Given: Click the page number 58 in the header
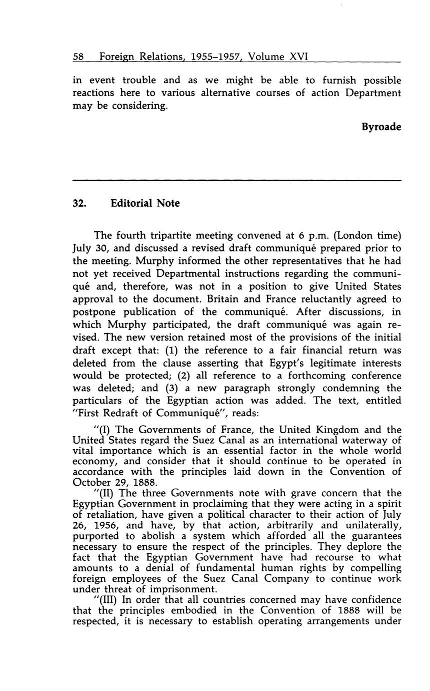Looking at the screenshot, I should (x=78, y=57).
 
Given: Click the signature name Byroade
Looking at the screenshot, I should (x=381, y=127).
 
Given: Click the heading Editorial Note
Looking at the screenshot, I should (x=145, y=203).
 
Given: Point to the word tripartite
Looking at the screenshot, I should (x=176, y=235).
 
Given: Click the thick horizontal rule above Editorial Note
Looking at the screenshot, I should (x=237, y=180).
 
